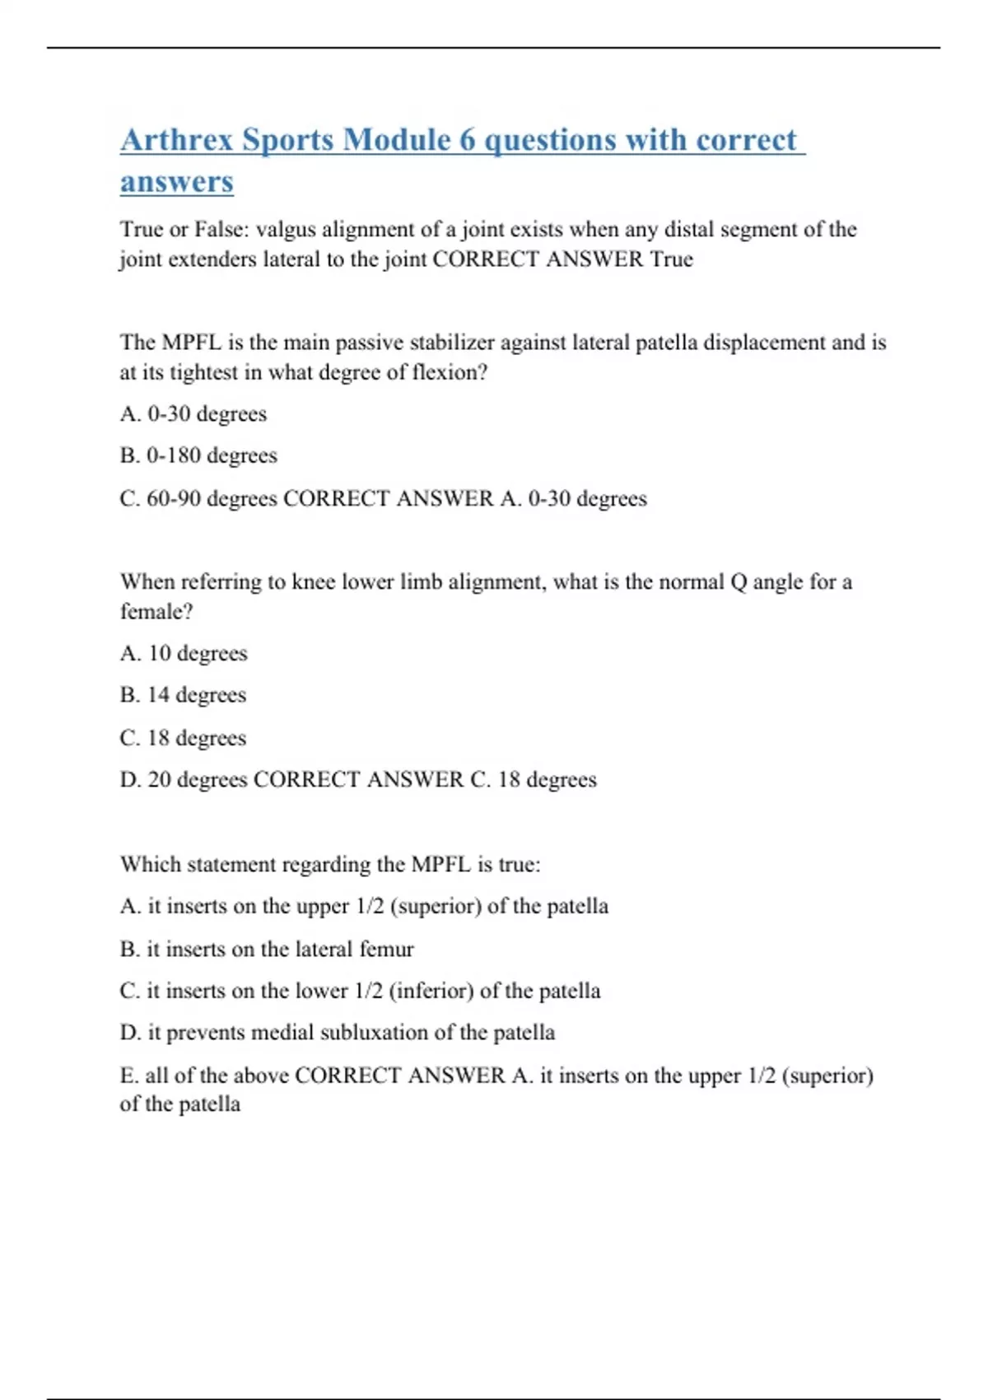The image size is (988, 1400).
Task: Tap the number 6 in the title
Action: tap(467, 140)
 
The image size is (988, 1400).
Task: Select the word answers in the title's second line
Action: tap(176, 182)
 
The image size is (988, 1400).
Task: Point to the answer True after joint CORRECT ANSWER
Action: tap(672, 259)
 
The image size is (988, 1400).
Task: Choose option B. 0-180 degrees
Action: tap(198, 455)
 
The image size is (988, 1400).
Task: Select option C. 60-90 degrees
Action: tap(198, 498)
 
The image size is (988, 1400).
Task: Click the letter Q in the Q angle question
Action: tap(738, 582)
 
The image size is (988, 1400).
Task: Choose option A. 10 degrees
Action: tap(184, 654)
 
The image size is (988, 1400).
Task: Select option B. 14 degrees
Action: tap(183, 695)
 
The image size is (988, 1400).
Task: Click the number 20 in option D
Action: tap(159, 780)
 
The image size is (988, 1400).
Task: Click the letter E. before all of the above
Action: tap(129, 1076)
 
